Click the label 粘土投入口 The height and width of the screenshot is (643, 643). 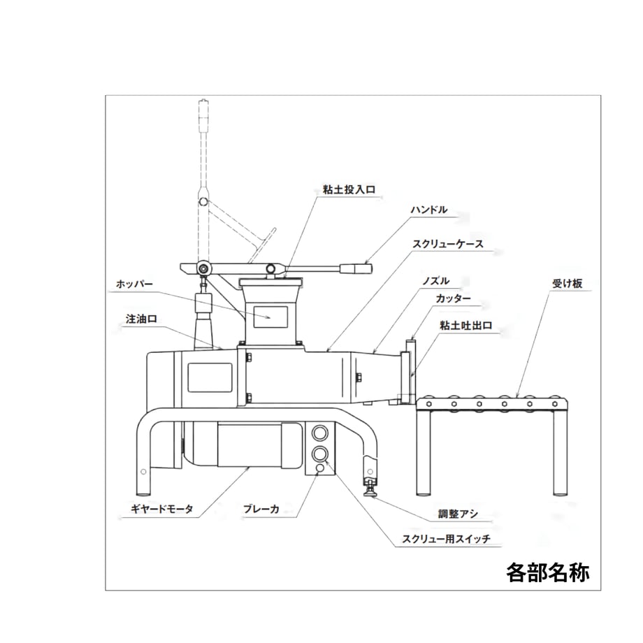click(x=349, y=189)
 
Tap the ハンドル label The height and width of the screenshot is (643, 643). click(x=429, y=210)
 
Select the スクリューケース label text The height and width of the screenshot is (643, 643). click(x=448, y=245)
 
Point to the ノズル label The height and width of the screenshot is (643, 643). click(x=435, y=281)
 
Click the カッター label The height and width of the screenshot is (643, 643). click(x=453, y=298)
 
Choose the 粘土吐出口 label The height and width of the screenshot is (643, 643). click(x=466, y=326)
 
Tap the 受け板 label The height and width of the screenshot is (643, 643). click(x=567, y=283)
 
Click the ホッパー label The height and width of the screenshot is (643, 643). click(x=134, y=284)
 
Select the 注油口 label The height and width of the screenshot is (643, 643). click(x=141, y=319)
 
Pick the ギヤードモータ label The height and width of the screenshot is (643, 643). click(x=161, y=509)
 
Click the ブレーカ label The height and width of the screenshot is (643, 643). click(x=261, y=509)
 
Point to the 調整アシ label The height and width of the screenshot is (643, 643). click(x=458, y=514)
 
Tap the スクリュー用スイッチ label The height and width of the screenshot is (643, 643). click(x=446, y=539)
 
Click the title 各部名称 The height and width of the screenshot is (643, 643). click(x=548, y=572)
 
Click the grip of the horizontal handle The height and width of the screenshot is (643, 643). click(x=356, y=268)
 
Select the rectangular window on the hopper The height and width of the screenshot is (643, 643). click(x=270, y=317)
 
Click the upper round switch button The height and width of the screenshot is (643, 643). click(x=320, y=433)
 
